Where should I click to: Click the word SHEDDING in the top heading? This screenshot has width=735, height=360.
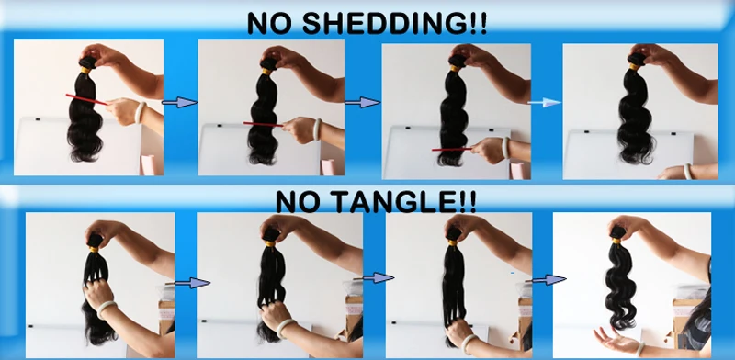coord(395,24)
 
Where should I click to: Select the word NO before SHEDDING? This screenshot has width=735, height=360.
coord(270,24)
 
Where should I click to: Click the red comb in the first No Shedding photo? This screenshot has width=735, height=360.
coord(86,99)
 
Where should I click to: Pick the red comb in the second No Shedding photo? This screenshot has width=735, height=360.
coord(263,124)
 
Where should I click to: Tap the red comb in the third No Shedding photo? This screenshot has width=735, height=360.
coord(452,149)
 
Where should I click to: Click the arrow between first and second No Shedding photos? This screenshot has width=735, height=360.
coord(179,102)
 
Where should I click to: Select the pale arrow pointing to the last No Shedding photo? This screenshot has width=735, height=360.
coord(544,102)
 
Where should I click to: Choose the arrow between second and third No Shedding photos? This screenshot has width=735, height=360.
coord(362,102)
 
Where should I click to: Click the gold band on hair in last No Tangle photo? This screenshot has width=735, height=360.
coord(616,241)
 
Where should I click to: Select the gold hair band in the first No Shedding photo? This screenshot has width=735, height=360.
coord(85,71)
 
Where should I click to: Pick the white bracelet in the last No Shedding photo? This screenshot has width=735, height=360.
coord(687,171)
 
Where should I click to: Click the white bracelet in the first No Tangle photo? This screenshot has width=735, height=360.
coord(107,309)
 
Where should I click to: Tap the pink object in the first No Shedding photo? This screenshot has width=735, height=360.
coord(148,164)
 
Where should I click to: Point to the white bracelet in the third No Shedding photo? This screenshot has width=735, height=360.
coord(505,147)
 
